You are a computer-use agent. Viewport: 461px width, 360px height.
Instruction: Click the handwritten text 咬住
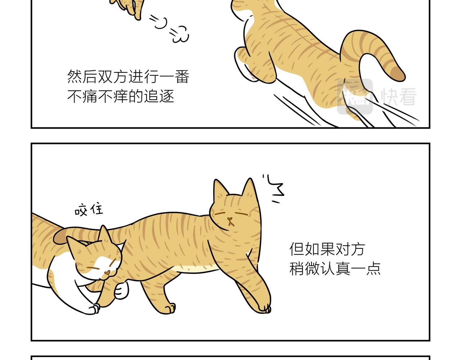[x=89, y=210]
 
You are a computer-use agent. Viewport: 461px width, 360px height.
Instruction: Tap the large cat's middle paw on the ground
[x=169, y=308]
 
